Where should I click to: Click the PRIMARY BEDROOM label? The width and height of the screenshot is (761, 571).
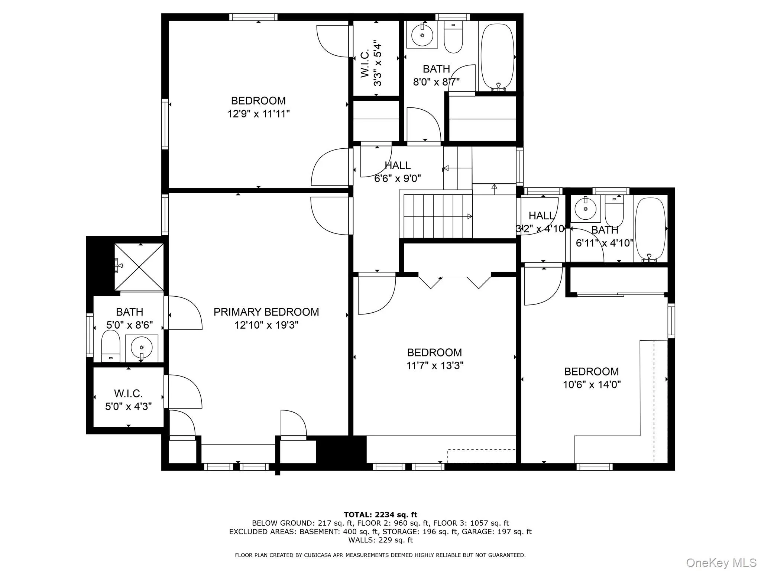(x=266, y=312)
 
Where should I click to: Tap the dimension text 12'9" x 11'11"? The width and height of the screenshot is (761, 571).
(x=258, y=114)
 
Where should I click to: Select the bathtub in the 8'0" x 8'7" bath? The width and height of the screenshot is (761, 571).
(x=497, y=56)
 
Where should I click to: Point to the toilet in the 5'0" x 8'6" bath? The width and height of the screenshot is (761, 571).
(x=111, y=346)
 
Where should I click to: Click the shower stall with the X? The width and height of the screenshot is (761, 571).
(x=139, y=267)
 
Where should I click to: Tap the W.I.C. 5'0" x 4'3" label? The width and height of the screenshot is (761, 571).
(x=128, y=400)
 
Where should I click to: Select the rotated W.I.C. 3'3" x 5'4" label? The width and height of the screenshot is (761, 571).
(x=371, y=63)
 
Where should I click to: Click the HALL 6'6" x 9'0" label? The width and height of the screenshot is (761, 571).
(x=397, y=172)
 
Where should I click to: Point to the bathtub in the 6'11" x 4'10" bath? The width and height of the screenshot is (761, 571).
(x=650, y=229)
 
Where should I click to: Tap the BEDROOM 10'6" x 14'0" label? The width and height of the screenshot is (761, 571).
(x=592, y=378)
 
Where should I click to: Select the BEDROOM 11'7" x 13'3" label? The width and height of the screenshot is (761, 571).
(x=434, y=359)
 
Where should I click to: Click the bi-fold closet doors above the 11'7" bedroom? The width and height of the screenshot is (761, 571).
(x=454, y=282)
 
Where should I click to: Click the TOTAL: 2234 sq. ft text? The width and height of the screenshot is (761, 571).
(x=380, y=514)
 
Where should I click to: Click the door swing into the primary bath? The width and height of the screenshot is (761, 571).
(x=184, y=313)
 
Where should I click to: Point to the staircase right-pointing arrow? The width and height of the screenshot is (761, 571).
(x=469, y=216)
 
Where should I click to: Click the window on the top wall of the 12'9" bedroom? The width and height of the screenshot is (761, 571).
(x=253, y=17)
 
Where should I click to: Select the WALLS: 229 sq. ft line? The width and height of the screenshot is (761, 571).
(x=380, y=540)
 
